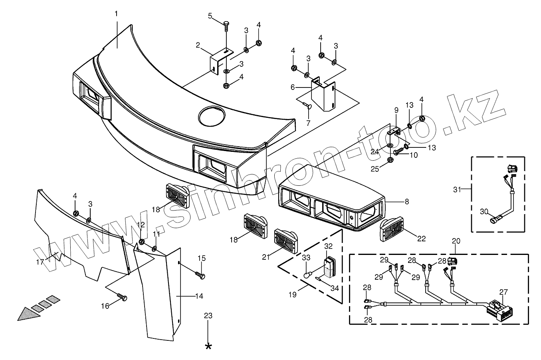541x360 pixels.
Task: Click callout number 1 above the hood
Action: coord(116,14)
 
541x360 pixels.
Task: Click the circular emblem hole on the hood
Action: coord(211,116)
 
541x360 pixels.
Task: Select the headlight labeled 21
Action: coord(285,241)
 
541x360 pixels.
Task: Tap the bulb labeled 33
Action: coord(307,274)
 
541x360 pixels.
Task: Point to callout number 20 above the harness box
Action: coord(456,241)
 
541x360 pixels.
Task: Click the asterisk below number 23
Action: coord(208,346)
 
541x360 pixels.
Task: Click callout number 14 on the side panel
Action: coord(199,296)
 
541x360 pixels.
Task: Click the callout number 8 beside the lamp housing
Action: coord(407,202)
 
